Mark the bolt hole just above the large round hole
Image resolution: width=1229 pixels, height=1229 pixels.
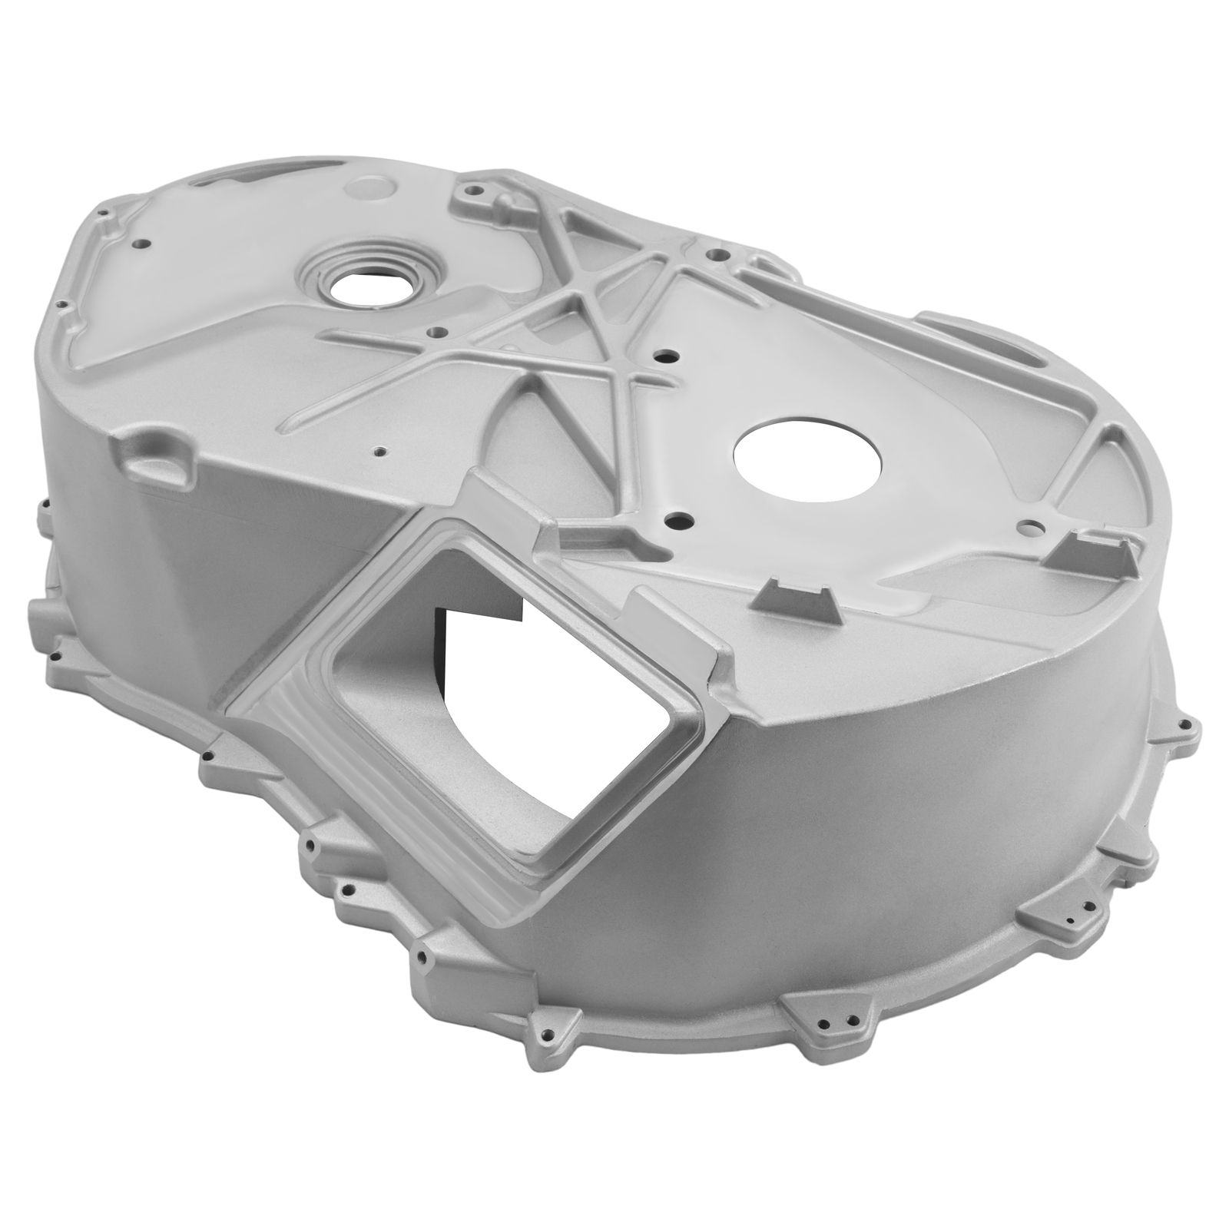click(x=665, y=357)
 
